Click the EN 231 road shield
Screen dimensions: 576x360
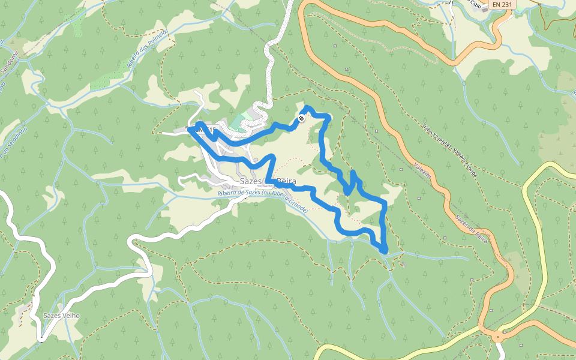(x=502, y=4)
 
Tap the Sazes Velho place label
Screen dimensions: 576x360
(x=61, y=316)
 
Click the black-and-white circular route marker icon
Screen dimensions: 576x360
(x=301, y=118)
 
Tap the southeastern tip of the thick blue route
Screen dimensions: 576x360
(x=384, y=250)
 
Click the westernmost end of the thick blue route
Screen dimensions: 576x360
(x=190, y=128)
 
